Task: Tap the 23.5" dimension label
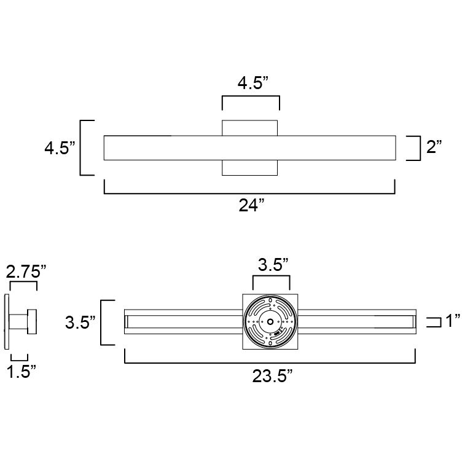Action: [270, 377]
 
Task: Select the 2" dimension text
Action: [434, 147]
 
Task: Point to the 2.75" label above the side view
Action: [26, 271]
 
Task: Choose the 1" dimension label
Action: [453, 321]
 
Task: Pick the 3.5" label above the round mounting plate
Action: [272, 265]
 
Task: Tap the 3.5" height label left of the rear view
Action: [80, 322]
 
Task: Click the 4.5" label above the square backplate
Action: [251, 84]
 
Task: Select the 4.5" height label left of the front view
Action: [60, 148]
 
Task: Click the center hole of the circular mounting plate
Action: [270, 322]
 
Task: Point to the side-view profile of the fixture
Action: [22, 322]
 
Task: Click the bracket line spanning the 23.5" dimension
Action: [270, 363]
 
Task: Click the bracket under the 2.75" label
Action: [22, 284]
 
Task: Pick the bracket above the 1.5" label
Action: [19, 357]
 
